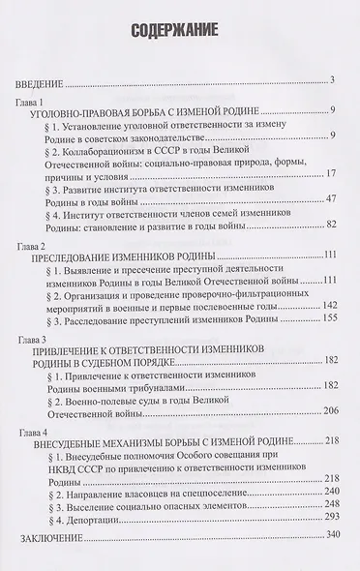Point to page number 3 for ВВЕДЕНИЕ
(x=331, y=79)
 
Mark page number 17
(x=329, y=175)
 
